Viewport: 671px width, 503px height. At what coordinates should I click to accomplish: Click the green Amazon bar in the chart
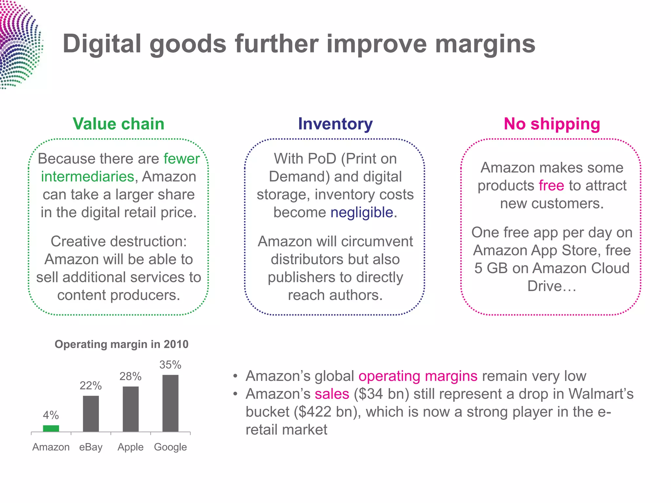coord(51,428)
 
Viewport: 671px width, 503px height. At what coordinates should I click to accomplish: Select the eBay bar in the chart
coord(91,414)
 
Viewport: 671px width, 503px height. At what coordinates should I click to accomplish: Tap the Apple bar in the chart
coord(130,409)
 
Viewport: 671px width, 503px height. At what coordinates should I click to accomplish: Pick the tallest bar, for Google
coord(170,403)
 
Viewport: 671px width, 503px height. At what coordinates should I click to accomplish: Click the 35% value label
coord(170,365)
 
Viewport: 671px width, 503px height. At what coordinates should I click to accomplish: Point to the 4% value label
coord(51,415)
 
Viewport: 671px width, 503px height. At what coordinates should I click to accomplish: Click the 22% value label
coord(90,386)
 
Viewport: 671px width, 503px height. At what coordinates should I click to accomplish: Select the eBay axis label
coord(91,447)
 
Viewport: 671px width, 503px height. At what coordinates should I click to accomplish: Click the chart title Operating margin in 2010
coord(122,344)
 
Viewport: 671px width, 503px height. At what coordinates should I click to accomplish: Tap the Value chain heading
coord(118,124)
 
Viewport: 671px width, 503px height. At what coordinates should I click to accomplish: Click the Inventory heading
coord(335,124)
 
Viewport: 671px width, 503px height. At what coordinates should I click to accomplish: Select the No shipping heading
coord(552,124)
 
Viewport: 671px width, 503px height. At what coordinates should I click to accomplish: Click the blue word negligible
coord(362,212)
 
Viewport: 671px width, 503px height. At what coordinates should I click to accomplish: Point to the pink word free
coord(551,185)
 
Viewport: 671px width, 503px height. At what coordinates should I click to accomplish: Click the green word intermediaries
coord(87,177)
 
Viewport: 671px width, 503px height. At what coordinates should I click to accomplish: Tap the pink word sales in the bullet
coord(332,394)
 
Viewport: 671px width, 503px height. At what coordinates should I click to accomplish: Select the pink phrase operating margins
coord(418,376)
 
